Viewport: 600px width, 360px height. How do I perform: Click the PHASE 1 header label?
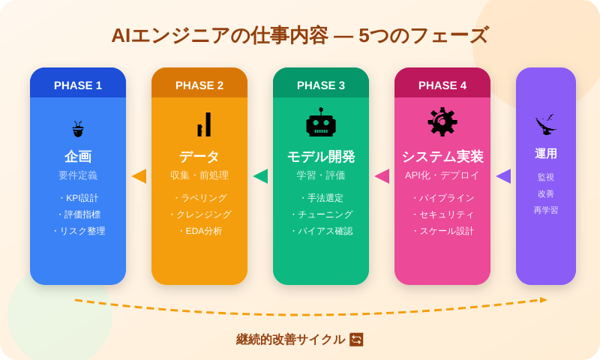[78, 85]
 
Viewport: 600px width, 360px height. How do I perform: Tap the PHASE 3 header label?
[321, 85]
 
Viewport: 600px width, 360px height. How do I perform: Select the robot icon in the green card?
[321, 123]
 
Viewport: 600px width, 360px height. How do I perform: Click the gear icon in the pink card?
[442, 122]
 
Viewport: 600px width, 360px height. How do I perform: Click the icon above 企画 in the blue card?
[78, 129]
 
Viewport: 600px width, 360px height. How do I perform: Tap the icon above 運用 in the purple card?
[546, 124]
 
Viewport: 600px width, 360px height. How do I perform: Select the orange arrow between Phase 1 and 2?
[139, 176]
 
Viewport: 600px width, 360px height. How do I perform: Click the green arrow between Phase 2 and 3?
[260, 176]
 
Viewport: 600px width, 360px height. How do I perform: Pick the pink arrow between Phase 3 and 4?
[382, 176]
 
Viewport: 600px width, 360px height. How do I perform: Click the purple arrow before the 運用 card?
[503, 176]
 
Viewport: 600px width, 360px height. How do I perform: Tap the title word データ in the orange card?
[199, 157]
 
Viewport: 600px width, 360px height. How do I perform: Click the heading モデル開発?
[321, 157]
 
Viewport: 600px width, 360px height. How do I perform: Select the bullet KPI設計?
[79, 198]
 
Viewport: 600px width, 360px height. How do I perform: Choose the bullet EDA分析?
[201, 231]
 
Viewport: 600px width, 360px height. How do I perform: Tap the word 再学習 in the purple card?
[546, 211]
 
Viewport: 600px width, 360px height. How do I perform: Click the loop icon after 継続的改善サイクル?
[356, 340]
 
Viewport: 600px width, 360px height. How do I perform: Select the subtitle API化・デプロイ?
[442, 175]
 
